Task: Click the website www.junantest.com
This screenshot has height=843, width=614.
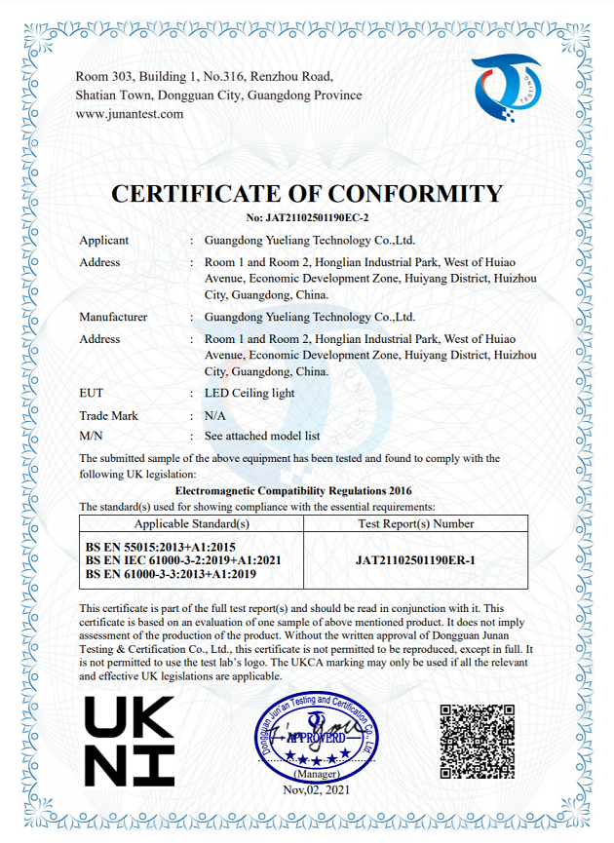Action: [130, 114]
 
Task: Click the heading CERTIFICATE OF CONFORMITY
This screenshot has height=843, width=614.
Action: [307, 193]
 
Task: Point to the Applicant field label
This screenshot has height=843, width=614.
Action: [103, 240]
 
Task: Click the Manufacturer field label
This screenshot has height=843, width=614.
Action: [113, 317]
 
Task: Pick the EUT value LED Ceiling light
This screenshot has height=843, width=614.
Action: [249, 393]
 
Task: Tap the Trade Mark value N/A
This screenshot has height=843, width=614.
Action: [214, 415]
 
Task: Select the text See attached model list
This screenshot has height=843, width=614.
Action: [261, 436]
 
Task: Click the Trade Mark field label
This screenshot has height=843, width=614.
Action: [108, 415]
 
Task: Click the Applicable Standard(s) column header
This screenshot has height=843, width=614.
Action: [192, 523]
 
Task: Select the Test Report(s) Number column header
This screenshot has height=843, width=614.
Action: [416, 523]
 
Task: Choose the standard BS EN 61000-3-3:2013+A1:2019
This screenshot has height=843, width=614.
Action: [171, 574]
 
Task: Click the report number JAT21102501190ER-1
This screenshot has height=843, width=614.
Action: [416, 560]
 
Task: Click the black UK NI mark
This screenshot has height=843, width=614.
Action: [129, 741]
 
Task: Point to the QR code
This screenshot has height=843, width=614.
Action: [477, 740]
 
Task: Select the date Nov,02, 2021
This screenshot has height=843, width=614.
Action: [316, 789]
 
